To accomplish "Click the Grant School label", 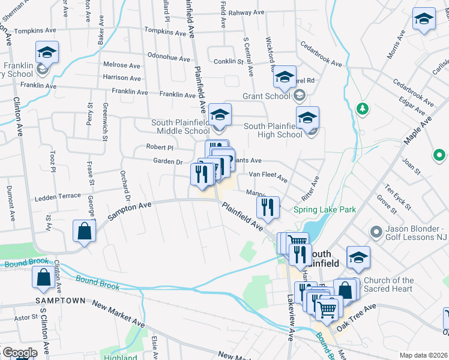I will coord(265,96).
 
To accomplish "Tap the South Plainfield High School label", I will coord(273,130).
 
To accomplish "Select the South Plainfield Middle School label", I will coord(179,127).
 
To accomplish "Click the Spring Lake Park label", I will coord(325,209).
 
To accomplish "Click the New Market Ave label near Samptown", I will coord(119,313).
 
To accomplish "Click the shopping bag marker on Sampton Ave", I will coord(85,231).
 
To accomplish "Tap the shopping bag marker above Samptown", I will coord(44,278).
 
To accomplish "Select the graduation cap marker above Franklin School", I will coord(46,52).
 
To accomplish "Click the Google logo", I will coord(19,352).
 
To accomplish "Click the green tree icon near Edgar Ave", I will coord(361,109).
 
